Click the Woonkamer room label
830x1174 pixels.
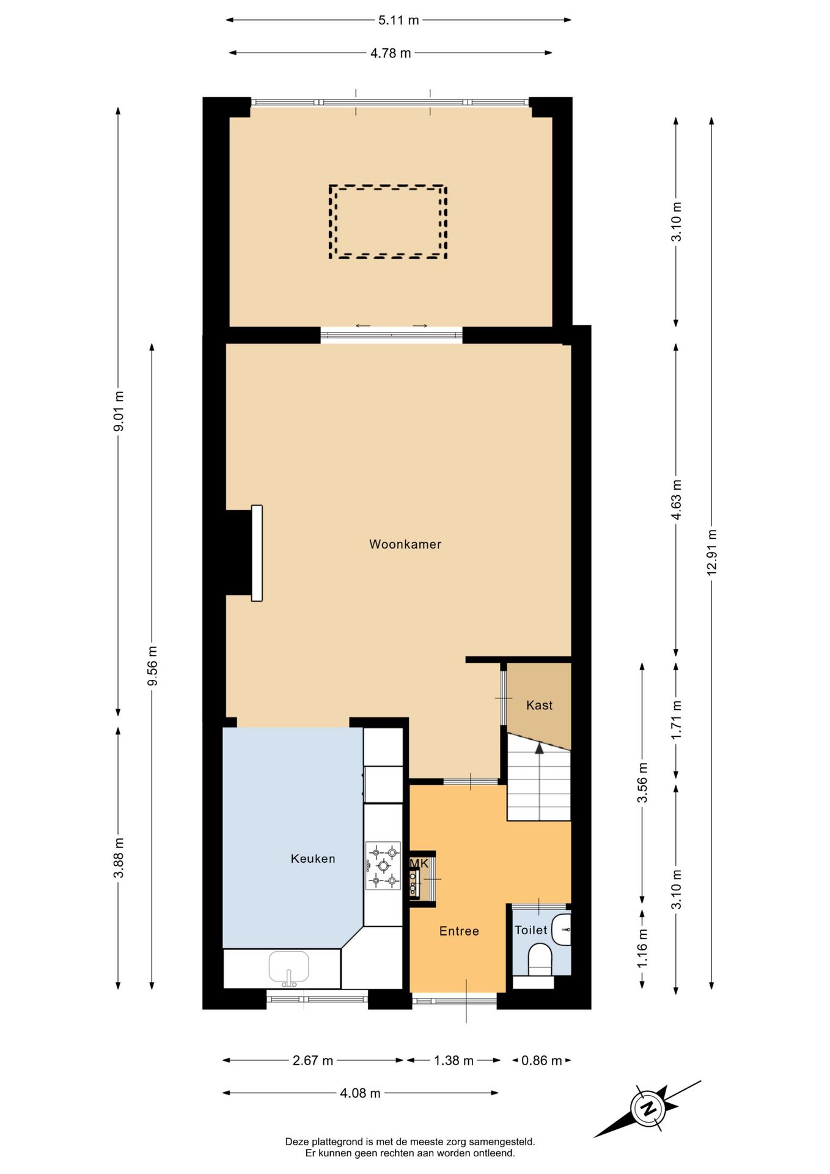405,544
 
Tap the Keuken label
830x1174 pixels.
313,858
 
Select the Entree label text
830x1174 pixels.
459,931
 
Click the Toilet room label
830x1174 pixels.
531,929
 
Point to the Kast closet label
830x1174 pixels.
539,705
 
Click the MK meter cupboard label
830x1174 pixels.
419,863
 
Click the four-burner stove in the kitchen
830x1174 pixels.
383,865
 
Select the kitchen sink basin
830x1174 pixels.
289,968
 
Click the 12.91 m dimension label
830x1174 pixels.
711,552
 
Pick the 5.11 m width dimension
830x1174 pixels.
398,20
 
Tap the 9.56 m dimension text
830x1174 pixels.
152,666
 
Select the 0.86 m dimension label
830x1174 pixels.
542,1060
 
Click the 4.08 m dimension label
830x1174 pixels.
360,1093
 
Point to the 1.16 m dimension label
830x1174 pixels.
642,948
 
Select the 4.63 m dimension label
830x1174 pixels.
676,500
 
